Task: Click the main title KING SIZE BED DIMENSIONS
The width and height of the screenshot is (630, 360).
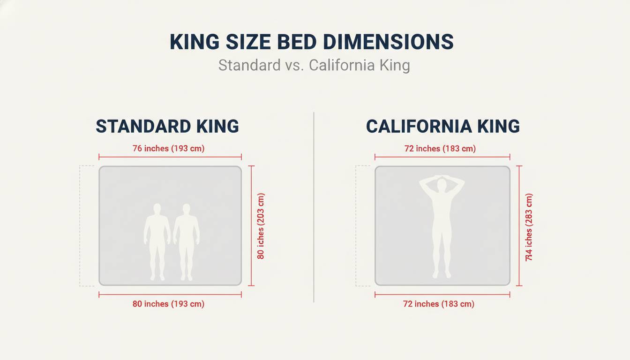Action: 311,42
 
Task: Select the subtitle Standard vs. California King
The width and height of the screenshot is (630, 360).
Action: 314,65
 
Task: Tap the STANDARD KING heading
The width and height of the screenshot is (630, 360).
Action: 167,127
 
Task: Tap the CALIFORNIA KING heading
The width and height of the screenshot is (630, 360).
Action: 442,127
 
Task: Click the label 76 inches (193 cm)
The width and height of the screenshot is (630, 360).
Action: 169,149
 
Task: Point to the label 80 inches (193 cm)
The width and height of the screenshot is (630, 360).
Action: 168,304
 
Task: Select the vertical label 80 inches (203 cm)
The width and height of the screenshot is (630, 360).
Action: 261,226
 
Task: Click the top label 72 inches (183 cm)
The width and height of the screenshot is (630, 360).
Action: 440,149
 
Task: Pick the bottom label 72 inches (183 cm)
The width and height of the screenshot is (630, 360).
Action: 439,304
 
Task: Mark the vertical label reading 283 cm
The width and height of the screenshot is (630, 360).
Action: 529,227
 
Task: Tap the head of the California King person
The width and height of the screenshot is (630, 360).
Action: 442,184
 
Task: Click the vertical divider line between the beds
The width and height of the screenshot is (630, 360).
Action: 314,206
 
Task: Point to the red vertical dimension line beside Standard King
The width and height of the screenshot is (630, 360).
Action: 252,225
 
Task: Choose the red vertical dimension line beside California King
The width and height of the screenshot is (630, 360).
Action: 519,225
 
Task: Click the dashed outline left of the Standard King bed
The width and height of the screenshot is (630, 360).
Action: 81,225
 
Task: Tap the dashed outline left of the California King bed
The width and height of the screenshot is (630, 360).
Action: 357,225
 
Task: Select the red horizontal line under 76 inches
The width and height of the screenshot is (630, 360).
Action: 170,157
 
